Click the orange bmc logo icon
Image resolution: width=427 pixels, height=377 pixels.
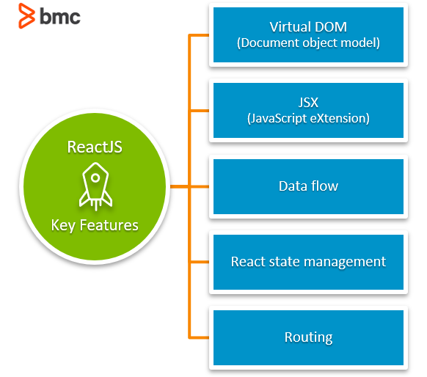(26, 16)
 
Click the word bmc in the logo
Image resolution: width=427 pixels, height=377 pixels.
(60, 17)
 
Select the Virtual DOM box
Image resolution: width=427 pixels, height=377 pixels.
(308, 35)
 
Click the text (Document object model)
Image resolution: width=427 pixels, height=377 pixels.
(308, 43)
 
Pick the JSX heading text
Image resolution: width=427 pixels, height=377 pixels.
(308, 103)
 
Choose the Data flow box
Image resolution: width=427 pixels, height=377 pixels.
(308, 186)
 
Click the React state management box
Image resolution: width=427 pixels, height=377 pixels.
(308, 262)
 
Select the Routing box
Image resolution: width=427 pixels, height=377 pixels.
(308, 337)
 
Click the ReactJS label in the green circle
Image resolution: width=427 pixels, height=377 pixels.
(95, 147)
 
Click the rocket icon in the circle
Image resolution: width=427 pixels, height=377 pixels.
(95, 186)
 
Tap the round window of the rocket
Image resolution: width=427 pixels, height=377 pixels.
(95, 178)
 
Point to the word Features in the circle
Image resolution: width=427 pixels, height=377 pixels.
(109, 225)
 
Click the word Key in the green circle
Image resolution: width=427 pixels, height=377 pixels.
(63, 226)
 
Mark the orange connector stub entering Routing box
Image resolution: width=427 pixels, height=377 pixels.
(200, 338)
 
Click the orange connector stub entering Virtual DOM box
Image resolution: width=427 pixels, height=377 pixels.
(200, 35)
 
